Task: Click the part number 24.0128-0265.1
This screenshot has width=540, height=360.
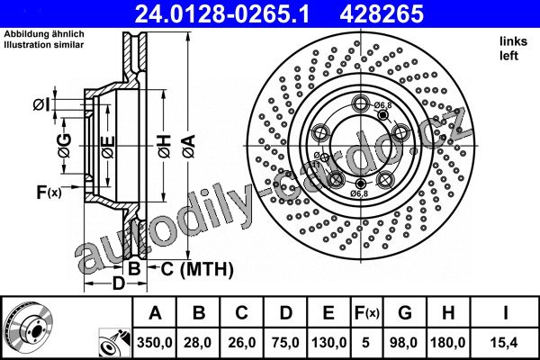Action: point(222,14)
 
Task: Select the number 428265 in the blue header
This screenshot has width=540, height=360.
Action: point(382,14)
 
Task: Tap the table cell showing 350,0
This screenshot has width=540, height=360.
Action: point(155,342)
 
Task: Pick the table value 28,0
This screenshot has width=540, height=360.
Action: point(198,342)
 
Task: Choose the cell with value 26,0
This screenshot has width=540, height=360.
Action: point(241,342)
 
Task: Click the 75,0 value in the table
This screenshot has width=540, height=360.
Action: point(285,342)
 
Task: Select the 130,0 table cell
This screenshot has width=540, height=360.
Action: point(328,342)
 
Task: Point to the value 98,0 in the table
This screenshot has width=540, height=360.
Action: point(403,342)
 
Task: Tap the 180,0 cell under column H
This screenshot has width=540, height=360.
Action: point(448,342)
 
